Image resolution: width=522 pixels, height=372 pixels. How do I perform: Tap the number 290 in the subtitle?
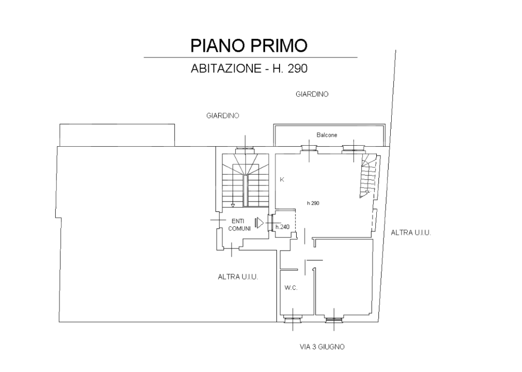297,68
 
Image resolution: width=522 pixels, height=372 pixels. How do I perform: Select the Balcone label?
327,135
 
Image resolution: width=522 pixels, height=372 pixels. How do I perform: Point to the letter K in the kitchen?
282,180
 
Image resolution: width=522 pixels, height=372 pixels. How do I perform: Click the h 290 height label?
313,203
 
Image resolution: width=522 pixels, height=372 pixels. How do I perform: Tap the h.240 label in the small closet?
282,227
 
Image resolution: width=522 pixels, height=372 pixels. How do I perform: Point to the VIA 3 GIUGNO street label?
322,347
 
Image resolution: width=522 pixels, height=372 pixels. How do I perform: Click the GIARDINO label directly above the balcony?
312,95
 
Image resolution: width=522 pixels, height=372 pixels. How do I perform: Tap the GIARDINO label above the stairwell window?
222,116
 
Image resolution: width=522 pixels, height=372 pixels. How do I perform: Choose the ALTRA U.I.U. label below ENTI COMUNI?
238,277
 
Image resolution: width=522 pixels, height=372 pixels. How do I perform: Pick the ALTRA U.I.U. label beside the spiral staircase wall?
411,233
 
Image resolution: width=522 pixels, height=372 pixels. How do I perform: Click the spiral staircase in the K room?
369,176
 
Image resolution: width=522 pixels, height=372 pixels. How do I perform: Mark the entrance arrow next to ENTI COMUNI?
259,223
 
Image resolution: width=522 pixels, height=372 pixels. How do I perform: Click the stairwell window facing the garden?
245,149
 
